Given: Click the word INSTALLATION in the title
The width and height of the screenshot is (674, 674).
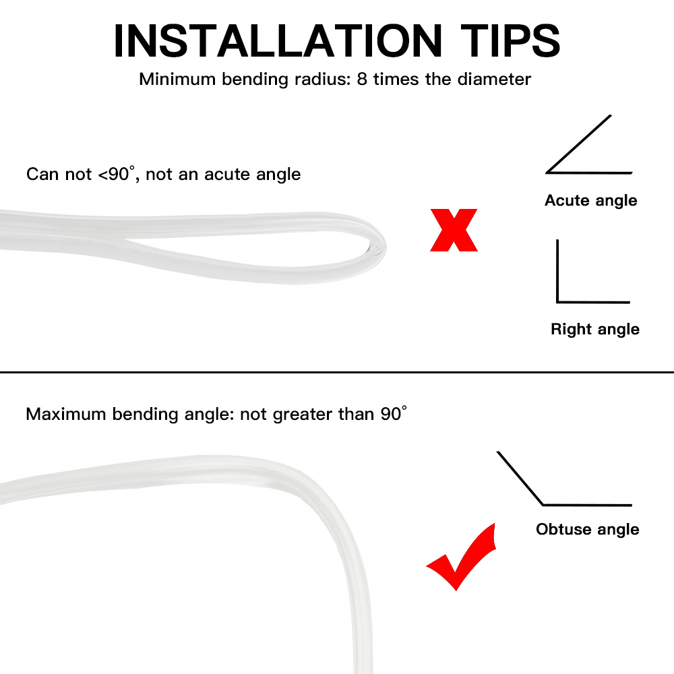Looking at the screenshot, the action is [x=278, y=40].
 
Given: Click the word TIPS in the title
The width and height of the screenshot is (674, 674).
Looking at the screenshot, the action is [x=510, y=40].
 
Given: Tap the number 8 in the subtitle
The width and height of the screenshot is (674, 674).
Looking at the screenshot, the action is [x=362, y=79].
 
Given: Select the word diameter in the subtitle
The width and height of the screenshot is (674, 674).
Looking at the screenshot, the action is [x=494, y=79].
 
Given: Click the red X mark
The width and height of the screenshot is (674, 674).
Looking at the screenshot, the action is [x=454, y=230].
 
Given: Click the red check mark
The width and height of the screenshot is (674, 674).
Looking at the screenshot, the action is [x=461, y=557].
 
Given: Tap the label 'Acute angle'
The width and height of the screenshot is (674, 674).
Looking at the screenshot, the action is [x=590, y=200].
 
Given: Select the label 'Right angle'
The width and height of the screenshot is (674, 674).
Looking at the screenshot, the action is [x=595, y=330].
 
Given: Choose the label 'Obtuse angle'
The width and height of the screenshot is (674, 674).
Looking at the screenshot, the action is [x=587, y=529].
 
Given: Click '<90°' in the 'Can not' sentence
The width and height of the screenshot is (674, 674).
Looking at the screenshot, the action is [x=117, y=174].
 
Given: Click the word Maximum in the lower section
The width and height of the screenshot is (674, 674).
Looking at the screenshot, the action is [x=66, y=414].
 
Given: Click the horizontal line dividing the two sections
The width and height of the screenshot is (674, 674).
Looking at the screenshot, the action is [x=337, y=372].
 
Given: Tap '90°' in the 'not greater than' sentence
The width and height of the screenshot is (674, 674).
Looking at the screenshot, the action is [x=394, y=414].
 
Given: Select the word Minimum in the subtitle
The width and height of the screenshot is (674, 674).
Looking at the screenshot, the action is [x=177, y=79].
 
